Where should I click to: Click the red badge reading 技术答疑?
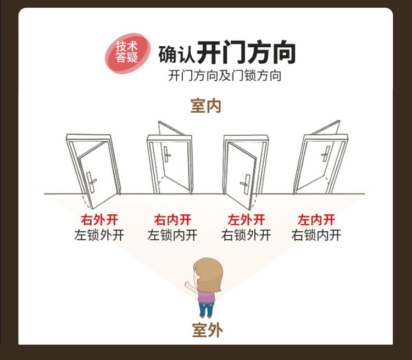[x=127, y=52]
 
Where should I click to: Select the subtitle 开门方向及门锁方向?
[x=225, y=75]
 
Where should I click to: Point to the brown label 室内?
[x=206, y=106]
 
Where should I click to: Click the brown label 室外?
[x=207, y=330]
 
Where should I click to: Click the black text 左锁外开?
[x=99, y=235]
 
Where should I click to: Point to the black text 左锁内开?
[x=172, y=235]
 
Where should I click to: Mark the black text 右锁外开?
[x=246, y=235]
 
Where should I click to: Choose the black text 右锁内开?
[x=316, y=235]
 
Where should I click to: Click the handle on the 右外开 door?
[x=91, y=180]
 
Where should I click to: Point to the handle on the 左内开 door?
[x=326, y=153]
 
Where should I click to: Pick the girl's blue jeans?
[x=206, y=309]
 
